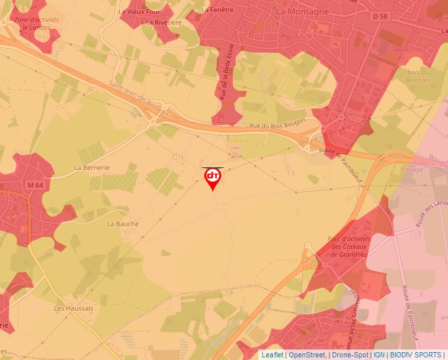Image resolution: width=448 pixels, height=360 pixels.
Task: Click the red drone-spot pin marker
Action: (213, 178)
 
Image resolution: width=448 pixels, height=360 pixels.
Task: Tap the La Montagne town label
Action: (302, 11)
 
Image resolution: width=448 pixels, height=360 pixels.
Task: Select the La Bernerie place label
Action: (92, 167)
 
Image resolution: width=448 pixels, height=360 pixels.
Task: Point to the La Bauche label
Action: (123, 224)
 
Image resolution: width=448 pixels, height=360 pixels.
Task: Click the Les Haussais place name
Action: (74, 308)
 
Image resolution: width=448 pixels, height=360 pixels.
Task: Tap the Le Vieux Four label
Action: (139, 11)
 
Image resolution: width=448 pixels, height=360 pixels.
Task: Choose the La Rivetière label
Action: (164, 22)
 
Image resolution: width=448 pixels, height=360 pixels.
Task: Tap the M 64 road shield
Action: (35, 185)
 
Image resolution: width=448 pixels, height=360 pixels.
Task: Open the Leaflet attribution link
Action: (271, 355)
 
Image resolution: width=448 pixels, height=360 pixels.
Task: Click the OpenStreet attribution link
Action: (306, 355)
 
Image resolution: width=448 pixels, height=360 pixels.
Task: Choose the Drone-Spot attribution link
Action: (350, 355)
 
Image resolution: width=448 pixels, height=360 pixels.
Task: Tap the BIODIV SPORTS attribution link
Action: (416, 355)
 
